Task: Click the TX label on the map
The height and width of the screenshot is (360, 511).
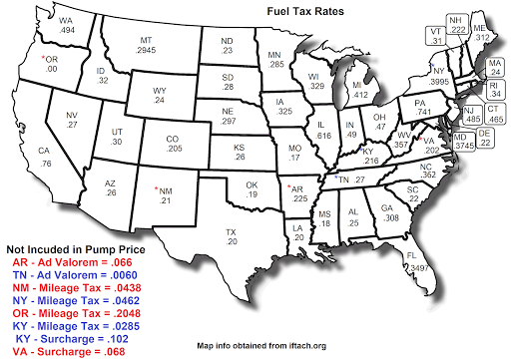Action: pyautogui.click(x=231, y=231)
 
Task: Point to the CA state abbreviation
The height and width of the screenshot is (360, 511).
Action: pyautogui.click(x=44, y=151)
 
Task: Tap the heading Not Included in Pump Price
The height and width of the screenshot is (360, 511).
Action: pyautogui.click(x=74, y=246)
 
